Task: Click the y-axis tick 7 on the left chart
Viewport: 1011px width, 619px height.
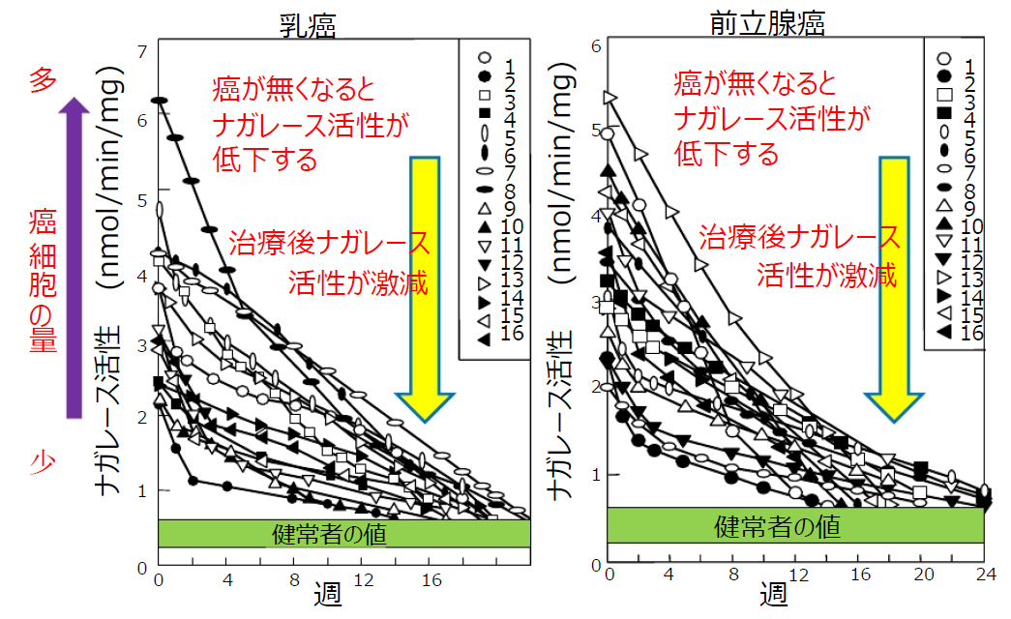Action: coord(142,51)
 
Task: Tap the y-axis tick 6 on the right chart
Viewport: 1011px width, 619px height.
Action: coord(596,45)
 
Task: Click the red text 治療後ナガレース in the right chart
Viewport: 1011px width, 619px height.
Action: coord(799,236)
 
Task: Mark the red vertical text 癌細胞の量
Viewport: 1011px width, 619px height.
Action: coord(41,280)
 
